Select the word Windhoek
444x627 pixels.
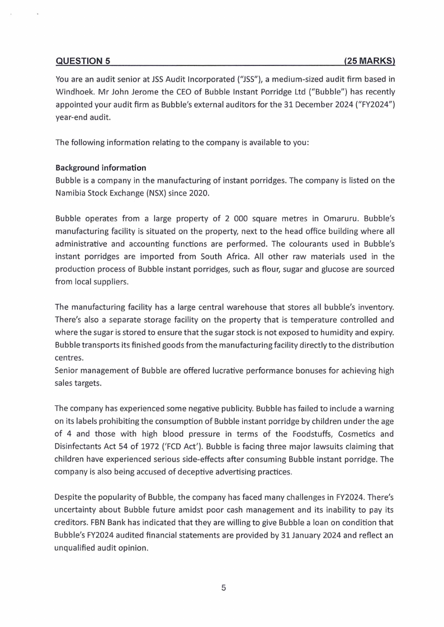(77, 90)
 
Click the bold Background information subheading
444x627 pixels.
(101, 168)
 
